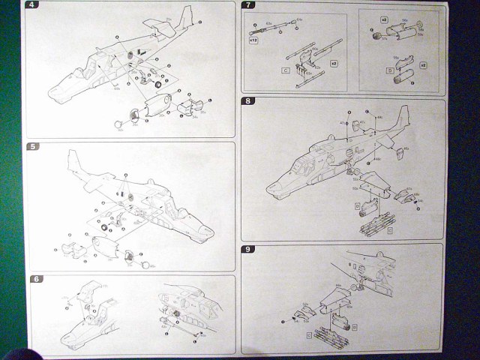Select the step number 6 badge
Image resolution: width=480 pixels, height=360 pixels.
[x=34, y=280]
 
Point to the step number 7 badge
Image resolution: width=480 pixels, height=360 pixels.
[x=248, y=7]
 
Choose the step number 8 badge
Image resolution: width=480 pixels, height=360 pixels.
[x=248, y=102]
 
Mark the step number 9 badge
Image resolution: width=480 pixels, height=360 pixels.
[x=248, y=249]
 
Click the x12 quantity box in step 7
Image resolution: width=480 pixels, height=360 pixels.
[x=253, y=40]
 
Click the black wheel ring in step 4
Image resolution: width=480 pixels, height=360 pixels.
[x=159, y=83]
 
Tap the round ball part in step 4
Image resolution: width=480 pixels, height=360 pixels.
[x=118, y=124]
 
